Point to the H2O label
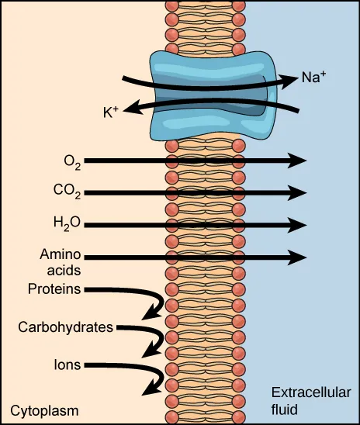pyautogui.click(x=67, y=225)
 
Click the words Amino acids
pyautogui.click(x=61, y=263)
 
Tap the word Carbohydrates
pyautogui.click(x=66, y=327)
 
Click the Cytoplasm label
pyautogui.click(x=44, y=409)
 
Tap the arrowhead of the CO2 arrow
pyautogui.click(x=299, y=192)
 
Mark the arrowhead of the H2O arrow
pyautogui.click(x=299, y=225)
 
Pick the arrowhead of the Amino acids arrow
pyautogui.click(x=299, y=256)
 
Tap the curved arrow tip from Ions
pyautogui.click(x=152, y=389)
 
